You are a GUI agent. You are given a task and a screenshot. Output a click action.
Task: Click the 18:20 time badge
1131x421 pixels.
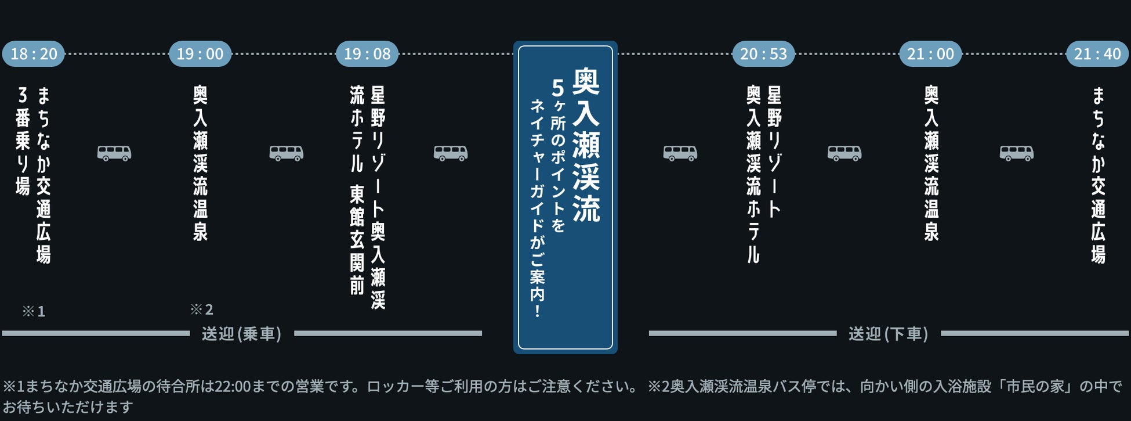pyautogui.click(x=34, y=54)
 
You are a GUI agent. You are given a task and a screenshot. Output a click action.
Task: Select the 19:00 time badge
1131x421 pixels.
pyautogui.click(x=200, y=54)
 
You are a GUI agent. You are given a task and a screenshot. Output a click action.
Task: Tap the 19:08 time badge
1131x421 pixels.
pyautogui.click(x=367, y=54)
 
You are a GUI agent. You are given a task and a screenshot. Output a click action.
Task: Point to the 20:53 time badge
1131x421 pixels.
pyautogui.click(x=763, y=54)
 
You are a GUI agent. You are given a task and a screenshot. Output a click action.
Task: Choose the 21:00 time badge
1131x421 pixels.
pyautogui.click(x=930, y=54)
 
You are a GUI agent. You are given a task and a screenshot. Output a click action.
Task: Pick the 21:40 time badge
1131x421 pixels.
pyautogui.click(x=1097, y=54)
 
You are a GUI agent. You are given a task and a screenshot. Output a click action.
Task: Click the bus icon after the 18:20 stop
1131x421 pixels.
pyautogui.click(x=114, y=153)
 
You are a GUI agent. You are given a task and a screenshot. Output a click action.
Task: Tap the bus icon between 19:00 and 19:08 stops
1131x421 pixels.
pyautogui.click(x=287, y=153)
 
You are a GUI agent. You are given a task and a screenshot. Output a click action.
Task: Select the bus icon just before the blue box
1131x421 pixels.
pyautogui.click(x=451, y=153)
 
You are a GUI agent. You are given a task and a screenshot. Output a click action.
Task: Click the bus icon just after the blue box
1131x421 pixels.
pyautogui.click(x=680, y=153)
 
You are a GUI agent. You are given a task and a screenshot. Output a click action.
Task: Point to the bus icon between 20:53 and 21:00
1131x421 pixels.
pyautogui.click(x=844, y=153)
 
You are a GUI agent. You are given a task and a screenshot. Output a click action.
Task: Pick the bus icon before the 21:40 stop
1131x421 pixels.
pyautogui.click(x=1017, y=153)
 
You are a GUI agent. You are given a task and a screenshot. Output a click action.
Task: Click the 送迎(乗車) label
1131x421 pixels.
pyautogui.click(x=242, y=334)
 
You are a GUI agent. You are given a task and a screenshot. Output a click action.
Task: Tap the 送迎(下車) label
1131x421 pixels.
pyautogui.click(x=889, y=334)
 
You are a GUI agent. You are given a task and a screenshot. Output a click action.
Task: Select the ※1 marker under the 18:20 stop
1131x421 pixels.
pyautogui.click(x=34, y=312)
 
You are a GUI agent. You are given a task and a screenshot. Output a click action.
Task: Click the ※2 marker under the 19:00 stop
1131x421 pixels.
pyautogui.click(x=202, y=310)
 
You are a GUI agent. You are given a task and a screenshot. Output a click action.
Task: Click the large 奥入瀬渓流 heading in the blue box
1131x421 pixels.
pyautogui.click(x=586, y=145)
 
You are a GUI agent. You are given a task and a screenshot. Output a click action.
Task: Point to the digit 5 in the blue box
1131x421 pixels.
pyautogui.click(x=557, y=88)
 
